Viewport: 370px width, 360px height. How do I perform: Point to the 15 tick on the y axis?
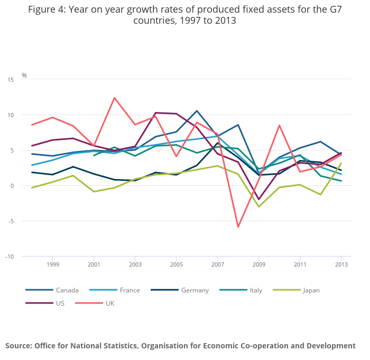click(11, 80)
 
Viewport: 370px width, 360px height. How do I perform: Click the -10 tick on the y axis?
click(10, 257)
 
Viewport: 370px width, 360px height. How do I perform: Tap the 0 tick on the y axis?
click(12, 186)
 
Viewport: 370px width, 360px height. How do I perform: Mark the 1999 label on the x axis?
click(52, 264)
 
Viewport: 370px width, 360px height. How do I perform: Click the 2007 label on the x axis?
click(217, 264)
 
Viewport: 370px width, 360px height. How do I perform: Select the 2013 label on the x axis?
click(341, 264)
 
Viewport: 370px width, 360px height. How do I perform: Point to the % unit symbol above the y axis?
click(24, 75)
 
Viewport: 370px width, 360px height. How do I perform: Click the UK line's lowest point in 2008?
click(238, 227)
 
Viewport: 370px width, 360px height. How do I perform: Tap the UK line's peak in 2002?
click(114, 98)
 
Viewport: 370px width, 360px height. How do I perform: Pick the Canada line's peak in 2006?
click(197, 111)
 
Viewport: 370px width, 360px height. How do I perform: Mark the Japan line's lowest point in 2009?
click(258, 206)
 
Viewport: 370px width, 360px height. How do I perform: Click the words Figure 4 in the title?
click(46, 10)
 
